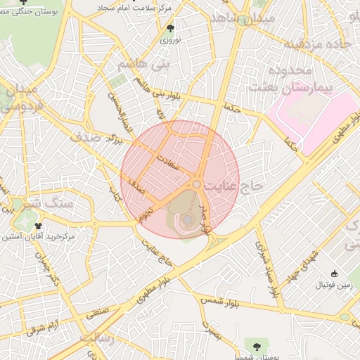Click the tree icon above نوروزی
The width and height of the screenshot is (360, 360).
pos(170,29)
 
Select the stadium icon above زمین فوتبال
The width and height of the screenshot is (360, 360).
pos(334,274)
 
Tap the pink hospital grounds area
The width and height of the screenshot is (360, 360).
pos(309,112)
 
